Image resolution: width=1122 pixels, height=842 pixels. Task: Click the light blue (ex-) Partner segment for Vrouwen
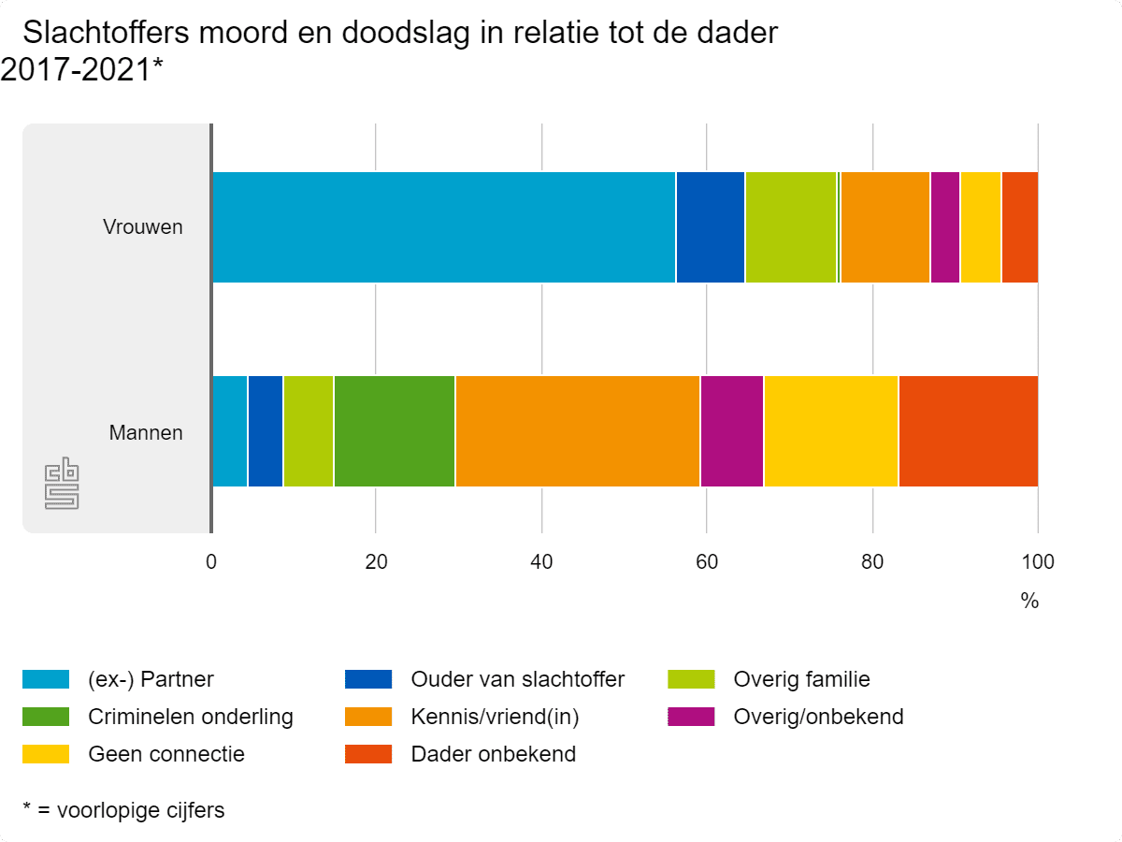pos(443,226)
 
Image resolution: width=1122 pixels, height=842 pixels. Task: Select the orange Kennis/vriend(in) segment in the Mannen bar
pos(577,431)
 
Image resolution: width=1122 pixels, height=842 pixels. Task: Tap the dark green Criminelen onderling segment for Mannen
pos(394,431)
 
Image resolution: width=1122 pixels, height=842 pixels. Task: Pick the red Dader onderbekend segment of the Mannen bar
pos(968,431)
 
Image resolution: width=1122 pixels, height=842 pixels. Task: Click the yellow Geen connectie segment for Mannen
pos(830,431)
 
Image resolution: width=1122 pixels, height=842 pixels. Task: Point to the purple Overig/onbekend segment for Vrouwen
pos(944,226)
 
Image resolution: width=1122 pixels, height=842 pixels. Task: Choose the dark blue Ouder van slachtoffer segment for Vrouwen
pos(710,226)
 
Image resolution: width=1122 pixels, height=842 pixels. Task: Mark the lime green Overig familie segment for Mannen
pos(308,431)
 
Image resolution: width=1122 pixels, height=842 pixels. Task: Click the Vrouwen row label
pos(142,227)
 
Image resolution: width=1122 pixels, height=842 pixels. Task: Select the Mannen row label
pos(146,433)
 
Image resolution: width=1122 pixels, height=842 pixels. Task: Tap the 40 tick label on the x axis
pos(541,562)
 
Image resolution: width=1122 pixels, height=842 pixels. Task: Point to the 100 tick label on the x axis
pos(1037,562)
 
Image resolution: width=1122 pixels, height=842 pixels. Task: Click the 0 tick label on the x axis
pos(211,562)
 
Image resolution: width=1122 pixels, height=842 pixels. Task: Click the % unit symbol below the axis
pos(1029,602)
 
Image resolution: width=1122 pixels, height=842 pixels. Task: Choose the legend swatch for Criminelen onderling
pos(46,718)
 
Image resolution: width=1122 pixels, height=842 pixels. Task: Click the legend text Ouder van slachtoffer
pos(517,679)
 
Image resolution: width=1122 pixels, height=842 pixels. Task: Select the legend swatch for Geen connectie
pos(46,754)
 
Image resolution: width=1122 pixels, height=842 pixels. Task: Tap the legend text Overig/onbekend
pos(818,718)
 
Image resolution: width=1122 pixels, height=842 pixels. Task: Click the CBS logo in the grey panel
pos(62,484)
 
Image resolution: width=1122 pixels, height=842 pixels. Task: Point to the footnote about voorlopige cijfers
pos(123,810)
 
